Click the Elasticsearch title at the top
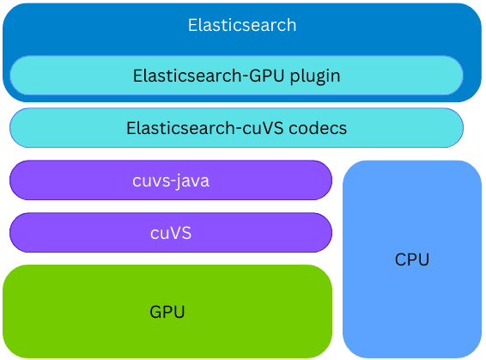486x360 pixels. click(x=242, y=25)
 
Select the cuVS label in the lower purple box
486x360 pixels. click(x=171, y=233)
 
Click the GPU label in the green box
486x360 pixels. click(x=167, y=311)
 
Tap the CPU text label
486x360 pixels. click(x=412, y=259)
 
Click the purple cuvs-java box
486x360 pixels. click(x=69, y=180)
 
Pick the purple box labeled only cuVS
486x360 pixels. click(x=69, y=233)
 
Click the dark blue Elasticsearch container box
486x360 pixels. click(x=69, y=26)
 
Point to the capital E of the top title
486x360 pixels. click(x=192, y=25)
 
